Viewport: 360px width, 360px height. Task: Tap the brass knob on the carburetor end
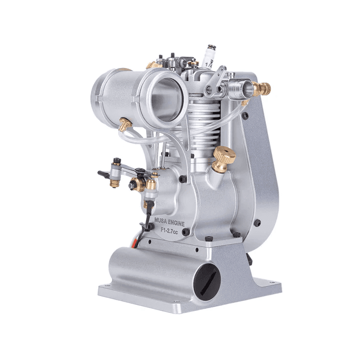(x=261, y=89)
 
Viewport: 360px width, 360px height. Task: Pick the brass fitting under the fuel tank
(x=125, y=124)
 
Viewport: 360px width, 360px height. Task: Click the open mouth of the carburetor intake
(x=244, y=90)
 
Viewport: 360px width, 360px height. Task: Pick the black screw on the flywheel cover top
(x=246, y=116)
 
